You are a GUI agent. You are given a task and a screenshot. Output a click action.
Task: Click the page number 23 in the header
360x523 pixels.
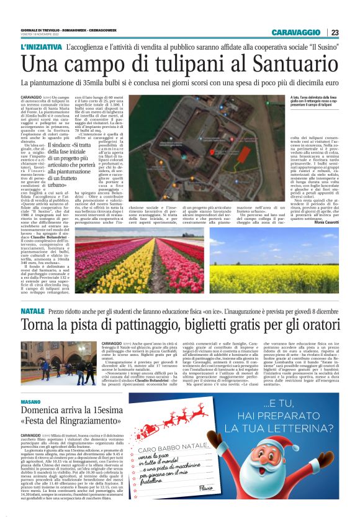coord(335,33)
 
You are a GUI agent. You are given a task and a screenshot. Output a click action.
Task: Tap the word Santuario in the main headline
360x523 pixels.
coord(294,65)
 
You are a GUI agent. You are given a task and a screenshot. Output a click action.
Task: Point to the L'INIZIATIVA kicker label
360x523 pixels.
coord(40,47)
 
